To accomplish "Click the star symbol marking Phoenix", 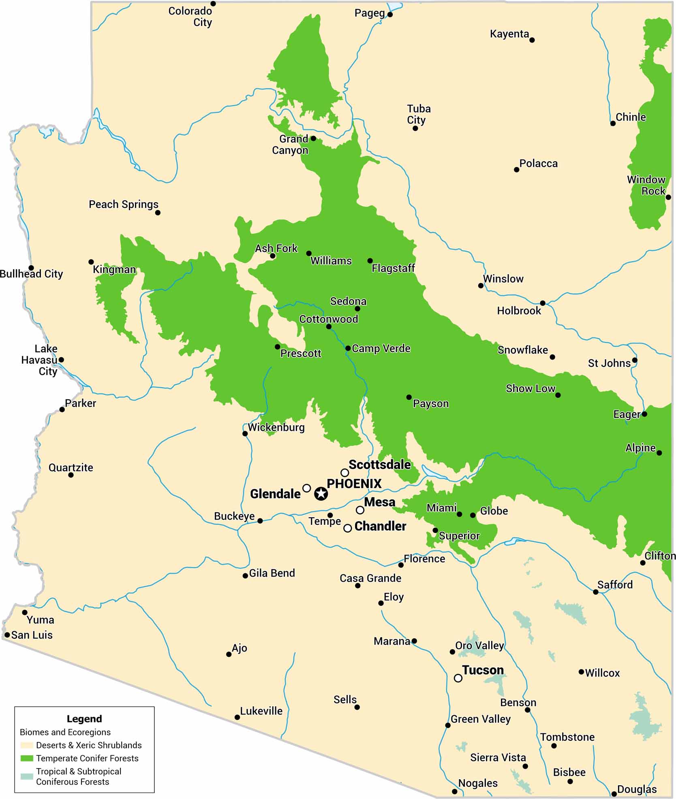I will pos(321,494).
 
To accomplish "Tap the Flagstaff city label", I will pos(393,268).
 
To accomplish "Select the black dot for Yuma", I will pos(25,612).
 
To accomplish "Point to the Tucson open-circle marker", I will pos(458,678).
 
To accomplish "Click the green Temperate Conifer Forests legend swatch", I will pos(27,758).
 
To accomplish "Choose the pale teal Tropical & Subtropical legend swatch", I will pos(27,776).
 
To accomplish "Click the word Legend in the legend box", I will pos(84,719).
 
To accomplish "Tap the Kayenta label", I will pos(509,34).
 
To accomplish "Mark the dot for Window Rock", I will pos(668,197).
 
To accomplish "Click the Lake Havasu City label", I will pos(40,360).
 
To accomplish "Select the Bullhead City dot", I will pos(31,268).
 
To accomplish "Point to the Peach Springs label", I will pos(124,205).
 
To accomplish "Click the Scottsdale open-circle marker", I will pos(344,473).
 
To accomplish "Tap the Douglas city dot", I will pos(614,794).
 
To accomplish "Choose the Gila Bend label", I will pos(272,573).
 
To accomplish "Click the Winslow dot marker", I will pos(481,286).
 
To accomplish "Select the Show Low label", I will pos(531,388).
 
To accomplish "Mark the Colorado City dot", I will pos(213,4).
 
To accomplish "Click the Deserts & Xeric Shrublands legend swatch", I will pos(27,745).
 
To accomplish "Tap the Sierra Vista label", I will pos(498,757).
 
